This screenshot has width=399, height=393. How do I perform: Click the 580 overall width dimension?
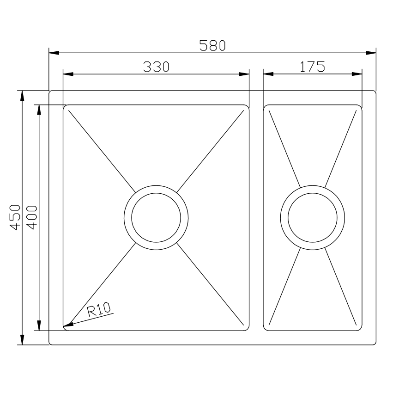coord(212,45)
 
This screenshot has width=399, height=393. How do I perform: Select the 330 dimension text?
coord(156,67)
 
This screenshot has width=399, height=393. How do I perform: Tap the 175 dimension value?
coord(312,67)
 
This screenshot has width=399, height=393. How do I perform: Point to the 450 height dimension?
coord(15,217)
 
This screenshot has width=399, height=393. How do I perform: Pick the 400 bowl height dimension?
coord(32,217)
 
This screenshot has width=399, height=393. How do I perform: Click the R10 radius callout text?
coord(100,309)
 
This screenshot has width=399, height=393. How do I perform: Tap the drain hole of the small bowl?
coord(312,217)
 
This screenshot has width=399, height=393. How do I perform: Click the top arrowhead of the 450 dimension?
coord(21,95)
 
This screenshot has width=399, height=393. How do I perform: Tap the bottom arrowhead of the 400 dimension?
coord(39,325)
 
